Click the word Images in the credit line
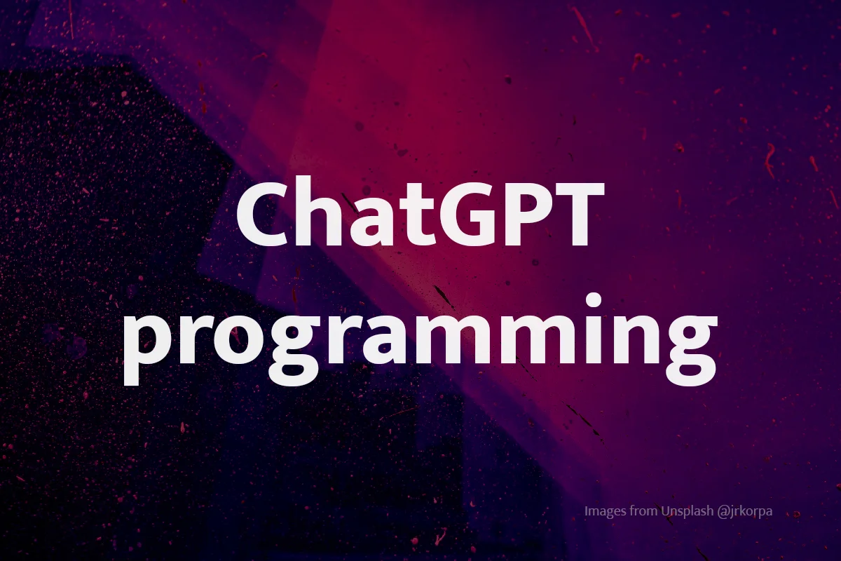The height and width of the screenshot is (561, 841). click(x=606, y=511)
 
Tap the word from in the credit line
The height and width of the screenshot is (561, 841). click(x=644, y=511)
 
